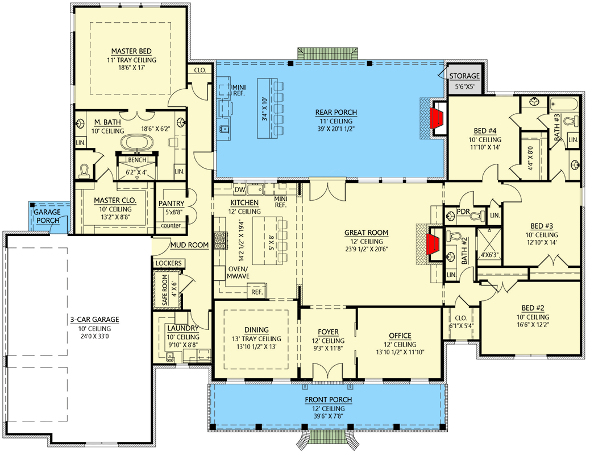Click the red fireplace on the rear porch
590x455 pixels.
click(x=436, y=118)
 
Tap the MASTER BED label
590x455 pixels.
click(x=131, y=51)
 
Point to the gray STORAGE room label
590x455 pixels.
click(x=464, y=76)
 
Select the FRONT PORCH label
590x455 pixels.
click(x=328, y=400)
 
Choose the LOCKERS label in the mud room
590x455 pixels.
click(x=168, y=263)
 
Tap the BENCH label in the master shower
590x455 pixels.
click(x=136, y=160)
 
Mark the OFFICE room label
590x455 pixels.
click(x=400, y=336)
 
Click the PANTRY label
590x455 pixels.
click(x=171, y=202)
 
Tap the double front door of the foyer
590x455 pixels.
click(x=328, y=373)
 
